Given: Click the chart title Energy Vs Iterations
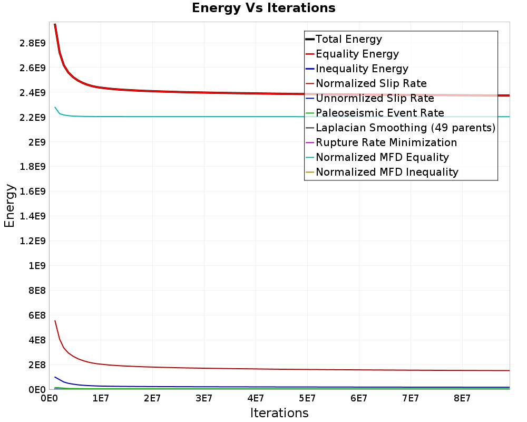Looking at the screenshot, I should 263,8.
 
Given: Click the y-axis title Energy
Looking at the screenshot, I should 9,206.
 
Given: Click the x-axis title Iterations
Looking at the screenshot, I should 279,413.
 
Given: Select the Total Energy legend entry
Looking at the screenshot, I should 348,39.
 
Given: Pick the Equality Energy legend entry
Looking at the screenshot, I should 357,54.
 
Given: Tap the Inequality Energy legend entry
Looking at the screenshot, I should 362,69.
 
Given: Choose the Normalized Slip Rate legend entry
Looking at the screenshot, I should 371,83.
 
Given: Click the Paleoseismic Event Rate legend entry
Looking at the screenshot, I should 379,113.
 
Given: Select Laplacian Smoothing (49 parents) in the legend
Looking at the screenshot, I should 405,128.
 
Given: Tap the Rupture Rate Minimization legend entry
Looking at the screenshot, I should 386,142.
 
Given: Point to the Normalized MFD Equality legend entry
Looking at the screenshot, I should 382,157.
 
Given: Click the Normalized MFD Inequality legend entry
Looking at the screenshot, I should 387,172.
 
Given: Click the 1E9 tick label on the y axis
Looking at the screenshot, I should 37,266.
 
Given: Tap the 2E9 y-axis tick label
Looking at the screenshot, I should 37,142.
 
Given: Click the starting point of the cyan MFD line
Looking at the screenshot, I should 55,107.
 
